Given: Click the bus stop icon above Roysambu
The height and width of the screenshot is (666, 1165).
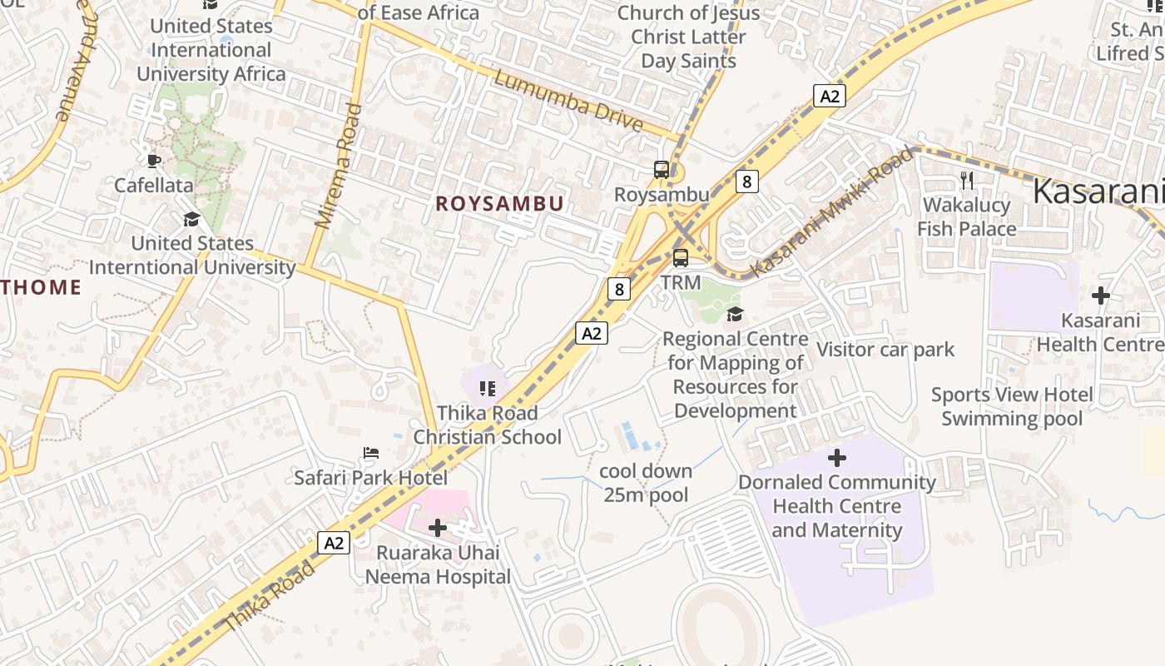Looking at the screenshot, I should (662, 170).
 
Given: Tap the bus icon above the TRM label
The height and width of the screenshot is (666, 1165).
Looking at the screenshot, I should (681, 257).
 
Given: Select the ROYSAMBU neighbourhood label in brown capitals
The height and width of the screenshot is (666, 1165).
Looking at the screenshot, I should (499, 204).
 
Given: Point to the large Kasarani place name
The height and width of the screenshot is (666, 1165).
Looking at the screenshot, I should (1097, 192).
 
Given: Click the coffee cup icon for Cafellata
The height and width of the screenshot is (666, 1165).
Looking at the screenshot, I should (153, 161).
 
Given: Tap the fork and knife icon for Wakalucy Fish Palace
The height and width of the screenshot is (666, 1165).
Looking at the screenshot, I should (966, 180).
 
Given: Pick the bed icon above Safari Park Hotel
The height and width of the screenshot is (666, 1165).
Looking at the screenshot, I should (371, 454).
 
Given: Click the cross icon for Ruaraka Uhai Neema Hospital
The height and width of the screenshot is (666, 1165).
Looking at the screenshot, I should (438, 527).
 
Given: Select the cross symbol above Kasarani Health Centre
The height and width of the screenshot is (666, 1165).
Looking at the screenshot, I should (1101, 296).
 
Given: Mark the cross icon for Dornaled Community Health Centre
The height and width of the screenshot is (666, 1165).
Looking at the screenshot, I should (837, 457).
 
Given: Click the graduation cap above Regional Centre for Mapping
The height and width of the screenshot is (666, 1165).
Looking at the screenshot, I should (735, 314).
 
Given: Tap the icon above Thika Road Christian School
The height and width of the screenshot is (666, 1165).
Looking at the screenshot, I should (488, 388).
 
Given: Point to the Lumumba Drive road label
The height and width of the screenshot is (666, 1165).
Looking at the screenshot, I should (569, 102).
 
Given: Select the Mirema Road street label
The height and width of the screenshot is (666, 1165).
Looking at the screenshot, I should (339, 165).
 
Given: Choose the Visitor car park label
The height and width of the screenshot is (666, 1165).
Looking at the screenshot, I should (885, 350).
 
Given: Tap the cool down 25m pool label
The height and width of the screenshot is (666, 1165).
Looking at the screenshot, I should (647, 483).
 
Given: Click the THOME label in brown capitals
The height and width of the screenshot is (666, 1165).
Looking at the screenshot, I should (40, 288).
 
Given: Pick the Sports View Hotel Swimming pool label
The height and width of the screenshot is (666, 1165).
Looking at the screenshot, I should (1012, 406).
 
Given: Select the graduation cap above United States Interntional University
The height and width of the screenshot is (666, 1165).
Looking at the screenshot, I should (191, 220).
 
